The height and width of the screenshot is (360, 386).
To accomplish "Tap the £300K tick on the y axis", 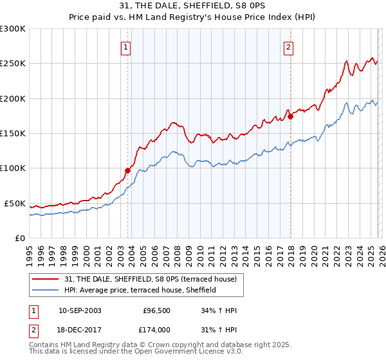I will (x=13, y=29).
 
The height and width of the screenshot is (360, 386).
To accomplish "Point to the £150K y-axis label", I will (x=13, y=133).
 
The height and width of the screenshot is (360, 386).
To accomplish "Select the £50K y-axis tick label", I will (x=15, y=203).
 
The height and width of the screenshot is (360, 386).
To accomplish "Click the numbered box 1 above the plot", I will (x=125, y=47).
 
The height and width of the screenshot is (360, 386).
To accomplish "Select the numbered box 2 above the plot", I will (x=289, y=47).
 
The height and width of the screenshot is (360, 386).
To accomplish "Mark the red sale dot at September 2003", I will (x=127, y=170).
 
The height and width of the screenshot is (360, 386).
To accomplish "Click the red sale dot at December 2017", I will (x=289, y=116).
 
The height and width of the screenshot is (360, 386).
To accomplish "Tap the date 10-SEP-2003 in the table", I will (x=80, y=310).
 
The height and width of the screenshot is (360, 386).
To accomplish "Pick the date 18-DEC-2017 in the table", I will (x=80, y=328).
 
